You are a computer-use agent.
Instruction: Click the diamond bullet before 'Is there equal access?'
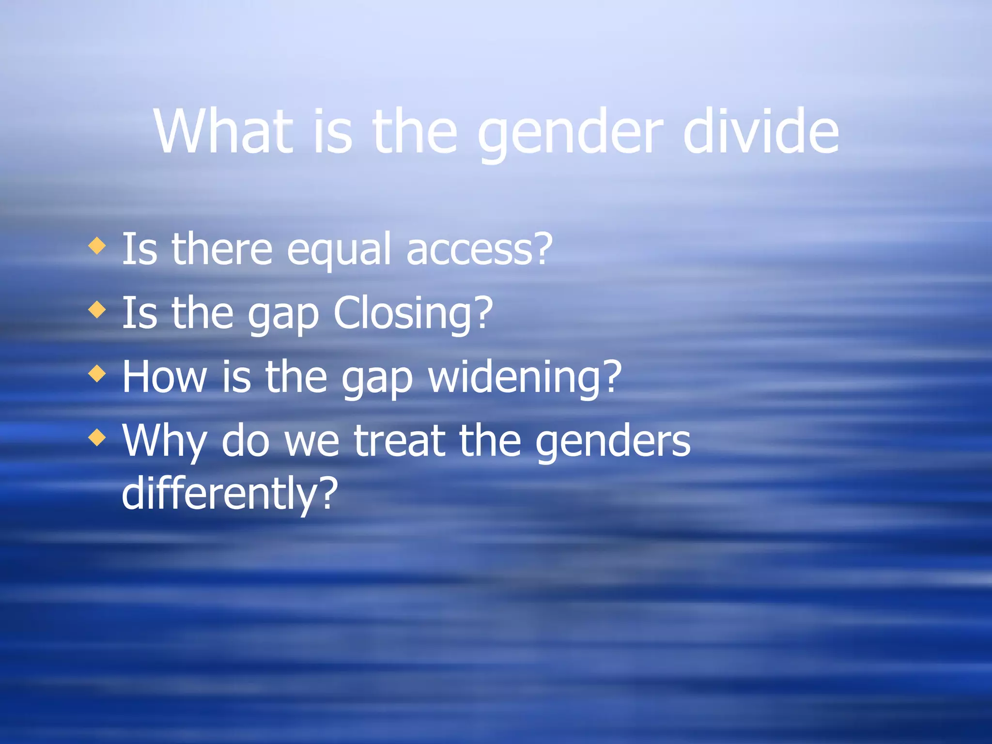(x=97, y=246)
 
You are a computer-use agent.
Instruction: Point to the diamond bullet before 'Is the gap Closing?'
(x=97, y=310)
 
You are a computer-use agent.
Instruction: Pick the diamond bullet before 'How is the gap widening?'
(x=97, y=373)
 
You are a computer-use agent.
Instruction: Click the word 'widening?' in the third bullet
(x=525, y=378)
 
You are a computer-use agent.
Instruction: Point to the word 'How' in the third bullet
(x=164, y=376)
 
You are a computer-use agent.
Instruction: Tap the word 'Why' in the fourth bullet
(x=164, y=442)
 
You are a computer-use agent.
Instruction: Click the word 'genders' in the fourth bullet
(x=613, y=442)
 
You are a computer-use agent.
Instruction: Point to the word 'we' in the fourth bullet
(x=312, y=442)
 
